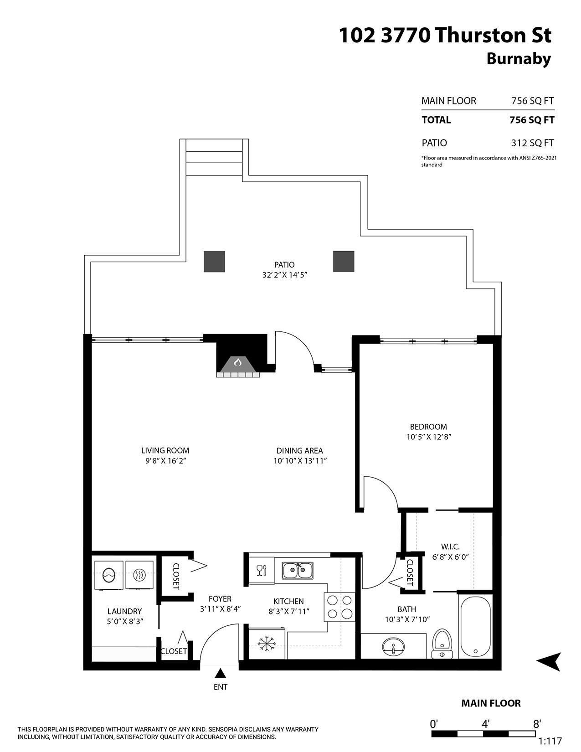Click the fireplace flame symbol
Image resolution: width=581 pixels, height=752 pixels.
237,362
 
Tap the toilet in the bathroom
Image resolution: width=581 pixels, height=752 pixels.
441,644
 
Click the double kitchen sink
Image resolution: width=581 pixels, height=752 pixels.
297,571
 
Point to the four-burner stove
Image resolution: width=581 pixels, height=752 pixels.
339,607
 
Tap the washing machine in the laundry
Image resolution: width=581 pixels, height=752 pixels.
108,575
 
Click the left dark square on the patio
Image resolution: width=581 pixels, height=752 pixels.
214,262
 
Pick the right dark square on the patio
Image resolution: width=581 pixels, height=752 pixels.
344,262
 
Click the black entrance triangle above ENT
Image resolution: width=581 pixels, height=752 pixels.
221,673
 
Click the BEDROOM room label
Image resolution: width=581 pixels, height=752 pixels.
428,427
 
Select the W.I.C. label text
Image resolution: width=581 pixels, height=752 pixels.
450,546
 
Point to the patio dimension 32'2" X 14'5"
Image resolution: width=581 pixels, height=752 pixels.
284,275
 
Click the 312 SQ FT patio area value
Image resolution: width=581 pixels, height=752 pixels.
532,143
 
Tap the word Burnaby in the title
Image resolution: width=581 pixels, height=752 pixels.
519,59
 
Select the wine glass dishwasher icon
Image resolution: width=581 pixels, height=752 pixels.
261,570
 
